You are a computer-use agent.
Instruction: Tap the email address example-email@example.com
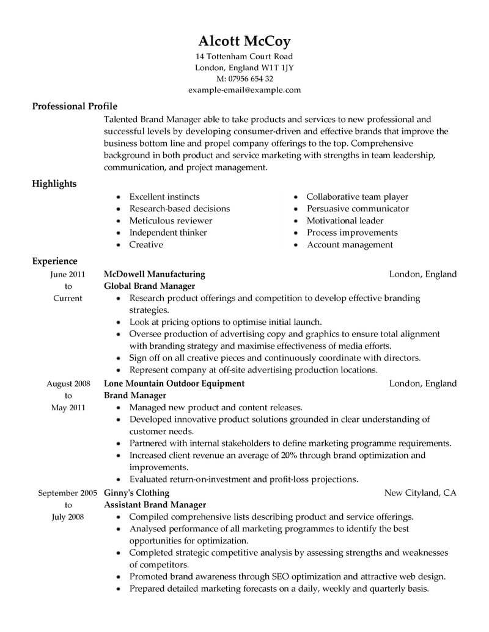(244, 90)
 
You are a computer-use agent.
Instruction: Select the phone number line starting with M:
(244, 79)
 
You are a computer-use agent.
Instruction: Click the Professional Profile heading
(74, 106)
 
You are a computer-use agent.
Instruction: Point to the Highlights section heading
(54, 183)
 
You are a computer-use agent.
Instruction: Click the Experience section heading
(54, 261)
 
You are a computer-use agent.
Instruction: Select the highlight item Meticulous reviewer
(171, 220)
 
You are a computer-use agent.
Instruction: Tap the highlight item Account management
(350, 244)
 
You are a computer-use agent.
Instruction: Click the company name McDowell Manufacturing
(155, 274)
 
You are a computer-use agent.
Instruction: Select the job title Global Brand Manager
(150, 286)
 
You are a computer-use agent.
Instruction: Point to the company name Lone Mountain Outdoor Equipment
(174, 383)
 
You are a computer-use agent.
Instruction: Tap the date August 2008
(68, 383)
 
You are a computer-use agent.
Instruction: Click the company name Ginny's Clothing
(136, 493)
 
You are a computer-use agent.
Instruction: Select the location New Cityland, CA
(421, 493)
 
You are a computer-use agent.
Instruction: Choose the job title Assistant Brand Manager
(155, 504)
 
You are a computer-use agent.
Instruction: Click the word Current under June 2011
(68, 298)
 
